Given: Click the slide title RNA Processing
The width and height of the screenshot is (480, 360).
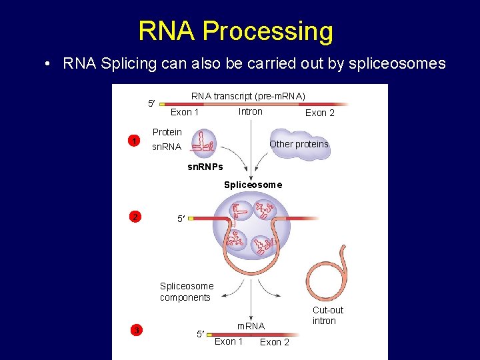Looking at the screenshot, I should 235,31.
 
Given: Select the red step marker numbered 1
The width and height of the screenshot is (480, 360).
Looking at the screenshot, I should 134,141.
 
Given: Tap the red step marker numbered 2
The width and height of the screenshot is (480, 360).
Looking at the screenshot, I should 135,217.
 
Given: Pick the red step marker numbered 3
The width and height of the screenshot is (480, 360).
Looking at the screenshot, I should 135,329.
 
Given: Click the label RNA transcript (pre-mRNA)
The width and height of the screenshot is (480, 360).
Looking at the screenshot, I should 248,96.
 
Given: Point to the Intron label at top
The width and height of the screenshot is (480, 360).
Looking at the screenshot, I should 250,111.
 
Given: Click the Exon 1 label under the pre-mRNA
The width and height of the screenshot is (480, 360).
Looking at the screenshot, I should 185,112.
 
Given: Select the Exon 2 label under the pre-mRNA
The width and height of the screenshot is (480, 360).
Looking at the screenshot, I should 320,113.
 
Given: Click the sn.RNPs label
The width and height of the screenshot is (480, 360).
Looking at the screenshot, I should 205,166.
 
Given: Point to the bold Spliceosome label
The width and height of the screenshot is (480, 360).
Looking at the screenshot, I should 253,185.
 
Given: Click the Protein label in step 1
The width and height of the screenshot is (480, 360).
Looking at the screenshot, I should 167,132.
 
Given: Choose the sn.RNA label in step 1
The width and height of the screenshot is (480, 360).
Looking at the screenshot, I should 167,147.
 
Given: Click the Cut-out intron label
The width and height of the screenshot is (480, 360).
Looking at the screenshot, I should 328,315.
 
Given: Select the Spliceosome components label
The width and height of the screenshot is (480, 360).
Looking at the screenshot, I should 187,292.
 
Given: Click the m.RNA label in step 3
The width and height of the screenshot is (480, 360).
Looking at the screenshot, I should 251,326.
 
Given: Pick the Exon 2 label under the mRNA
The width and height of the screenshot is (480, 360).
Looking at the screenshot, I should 274,342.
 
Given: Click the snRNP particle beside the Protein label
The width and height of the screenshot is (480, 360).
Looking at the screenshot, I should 203,141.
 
